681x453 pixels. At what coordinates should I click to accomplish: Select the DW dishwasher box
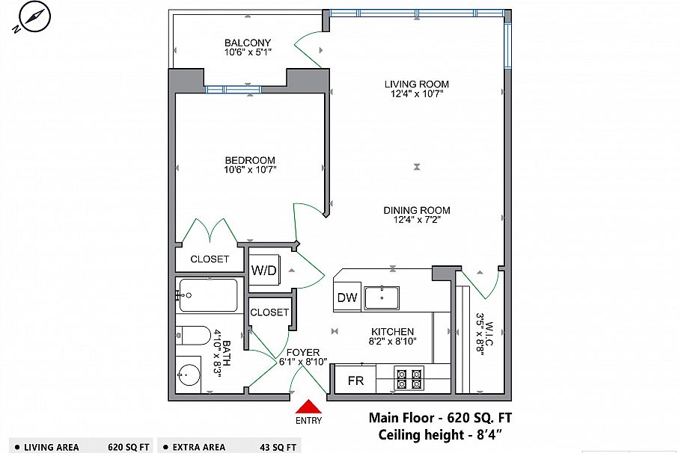(x=347, y=298)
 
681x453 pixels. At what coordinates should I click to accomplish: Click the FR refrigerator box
(x=355, y=380)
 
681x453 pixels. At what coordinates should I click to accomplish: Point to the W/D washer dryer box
(x=263, y=269)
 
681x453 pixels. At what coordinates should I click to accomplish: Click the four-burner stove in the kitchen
(x=409, y=379)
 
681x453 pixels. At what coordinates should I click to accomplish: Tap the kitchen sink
(x=381, y=298)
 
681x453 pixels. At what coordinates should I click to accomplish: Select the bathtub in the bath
(x=209, y=295)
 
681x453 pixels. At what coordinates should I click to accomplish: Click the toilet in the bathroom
(x=194, y=335)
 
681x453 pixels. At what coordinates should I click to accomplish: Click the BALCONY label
(x=248, y=43)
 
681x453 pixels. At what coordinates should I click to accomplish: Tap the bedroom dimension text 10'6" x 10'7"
(x=251, y=170)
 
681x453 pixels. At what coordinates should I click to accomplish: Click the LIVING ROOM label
(x=417, y=84)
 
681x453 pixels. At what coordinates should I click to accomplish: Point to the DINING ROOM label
(x=417, y=211)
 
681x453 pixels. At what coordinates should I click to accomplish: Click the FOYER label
(x=303, y=352)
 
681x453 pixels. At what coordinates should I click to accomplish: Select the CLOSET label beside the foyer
(x=269, y=312)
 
